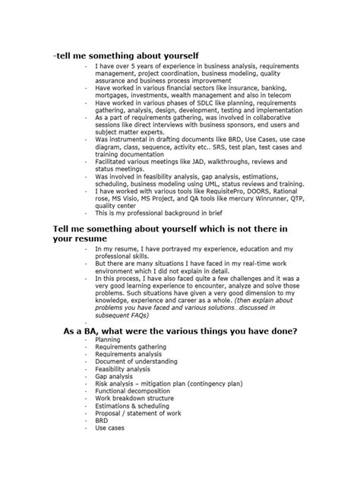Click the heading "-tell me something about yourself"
coord(126,56)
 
